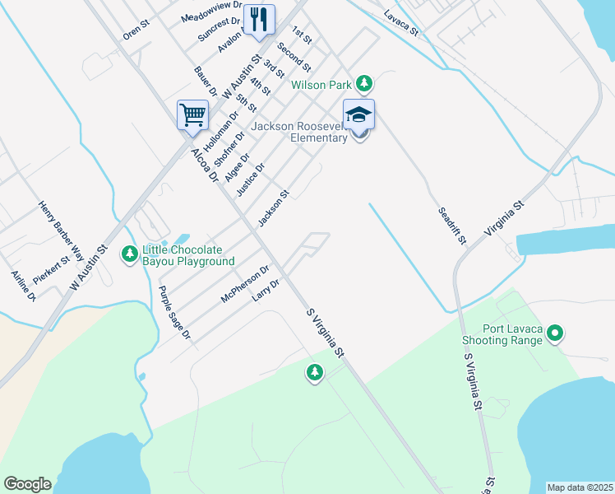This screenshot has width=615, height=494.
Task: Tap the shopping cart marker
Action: pos(192,115)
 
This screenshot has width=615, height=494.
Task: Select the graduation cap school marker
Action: pos(358,115)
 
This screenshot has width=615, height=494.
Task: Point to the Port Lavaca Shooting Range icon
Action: pos(556,333)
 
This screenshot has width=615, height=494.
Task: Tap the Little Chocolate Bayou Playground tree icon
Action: pos(129,255)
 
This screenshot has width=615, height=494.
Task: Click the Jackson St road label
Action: pos(274,209)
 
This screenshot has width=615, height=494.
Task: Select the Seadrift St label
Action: pos(451,226)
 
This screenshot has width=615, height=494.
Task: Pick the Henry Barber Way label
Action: pos(61,226)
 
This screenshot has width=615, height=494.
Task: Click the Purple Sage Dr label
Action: pos(174,313)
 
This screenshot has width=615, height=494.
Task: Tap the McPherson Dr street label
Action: pos(246,283)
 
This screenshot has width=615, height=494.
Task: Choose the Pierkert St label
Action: pos(52,269)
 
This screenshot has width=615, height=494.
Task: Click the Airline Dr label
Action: pos(23,286)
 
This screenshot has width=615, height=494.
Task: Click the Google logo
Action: pos(27,484)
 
